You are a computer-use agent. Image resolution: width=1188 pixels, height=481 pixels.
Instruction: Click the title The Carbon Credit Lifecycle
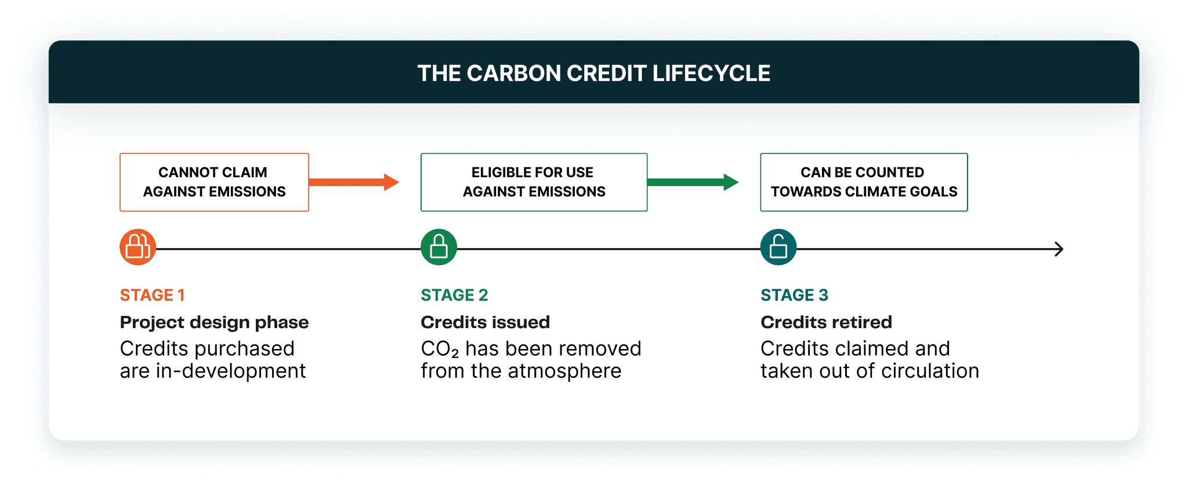click(593, 74)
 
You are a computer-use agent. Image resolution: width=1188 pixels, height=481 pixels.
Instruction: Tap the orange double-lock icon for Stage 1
click(138, 247)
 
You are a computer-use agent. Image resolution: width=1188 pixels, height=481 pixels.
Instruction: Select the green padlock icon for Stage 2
click(439, 247)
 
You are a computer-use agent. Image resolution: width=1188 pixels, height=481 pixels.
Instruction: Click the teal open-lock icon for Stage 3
click(778, 247)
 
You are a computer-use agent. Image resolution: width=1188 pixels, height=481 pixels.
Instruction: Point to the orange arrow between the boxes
click(354, 182)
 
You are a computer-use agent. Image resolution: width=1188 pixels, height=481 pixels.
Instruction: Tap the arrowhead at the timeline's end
click(1059, 249)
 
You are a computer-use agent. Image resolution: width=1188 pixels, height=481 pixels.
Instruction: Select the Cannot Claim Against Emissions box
click(214, 182)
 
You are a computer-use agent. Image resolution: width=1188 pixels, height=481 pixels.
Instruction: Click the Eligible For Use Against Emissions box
click(534, 182)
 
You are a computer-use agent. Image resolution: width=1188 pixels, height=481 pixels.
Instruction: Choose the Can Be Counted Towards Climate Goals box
click(864, 182)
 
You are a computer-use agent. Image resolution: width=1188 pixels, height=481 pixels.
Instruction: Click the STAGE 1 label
click(152, 295)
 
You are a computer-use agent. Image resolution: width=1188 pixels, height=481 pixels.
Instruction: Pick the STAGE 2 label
click(454, 295)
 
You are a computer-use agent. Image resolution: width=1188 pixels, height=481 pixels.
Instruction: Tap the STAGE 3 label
click(794, 295)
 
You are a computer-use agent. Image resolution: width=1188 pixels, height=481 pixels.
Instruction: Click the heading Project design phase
click(214, 322)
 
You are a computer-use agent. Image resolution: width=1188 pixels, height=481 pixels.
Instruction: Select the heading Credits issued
click(485, 322)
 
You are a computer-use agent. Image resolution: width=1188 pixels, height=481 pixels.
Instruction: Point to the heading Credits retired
click(826, 322)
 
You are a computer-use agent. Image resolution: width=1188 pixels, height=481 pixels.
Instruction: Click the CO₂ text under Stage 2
click(439, 349)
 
